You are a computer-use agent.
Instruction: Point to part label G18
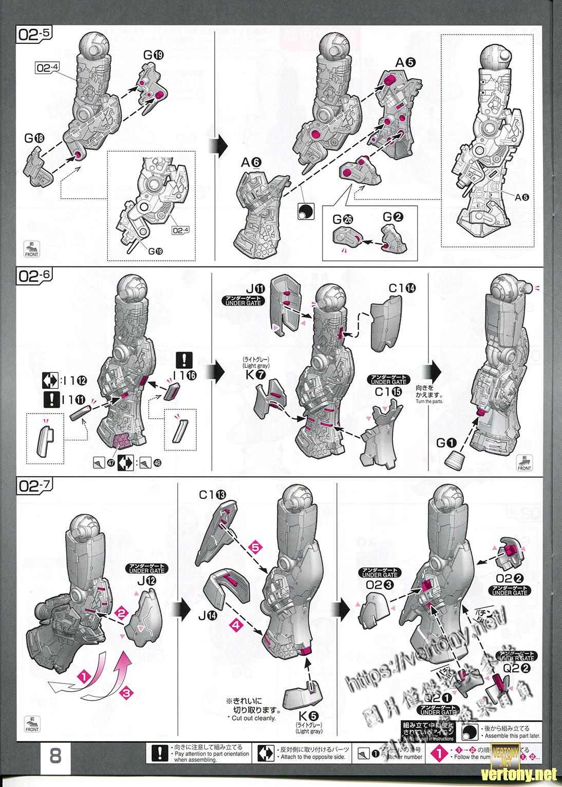[x=34, y=138]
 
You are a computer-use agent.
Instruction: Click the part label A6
[x=251, y=162]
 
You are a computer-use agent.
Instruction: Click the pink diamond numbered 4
[x=235, y=625]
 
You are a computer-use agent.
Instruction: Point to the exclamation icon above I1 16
[x=183, y=360]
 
